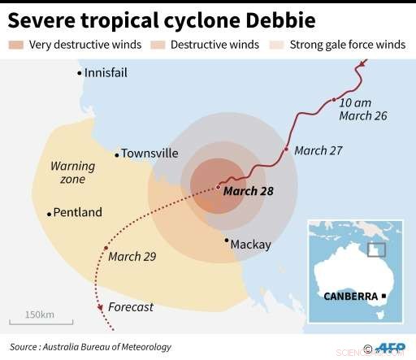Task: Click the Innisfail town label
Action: coord(106,73)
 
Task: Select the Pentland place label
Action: coord(78,213)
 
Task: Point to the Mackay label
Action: coord(250,244)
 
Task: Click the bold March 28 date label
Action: coord(248,192)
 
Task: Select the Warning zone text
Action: coord(72,172)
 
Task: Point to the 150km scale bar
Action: coord(37,323)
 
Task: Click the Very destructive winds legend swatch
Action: coord(15,44)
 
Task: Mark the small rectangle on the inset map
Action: coord(376,250)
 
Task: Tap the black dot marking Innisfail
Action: coord(80,73)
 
